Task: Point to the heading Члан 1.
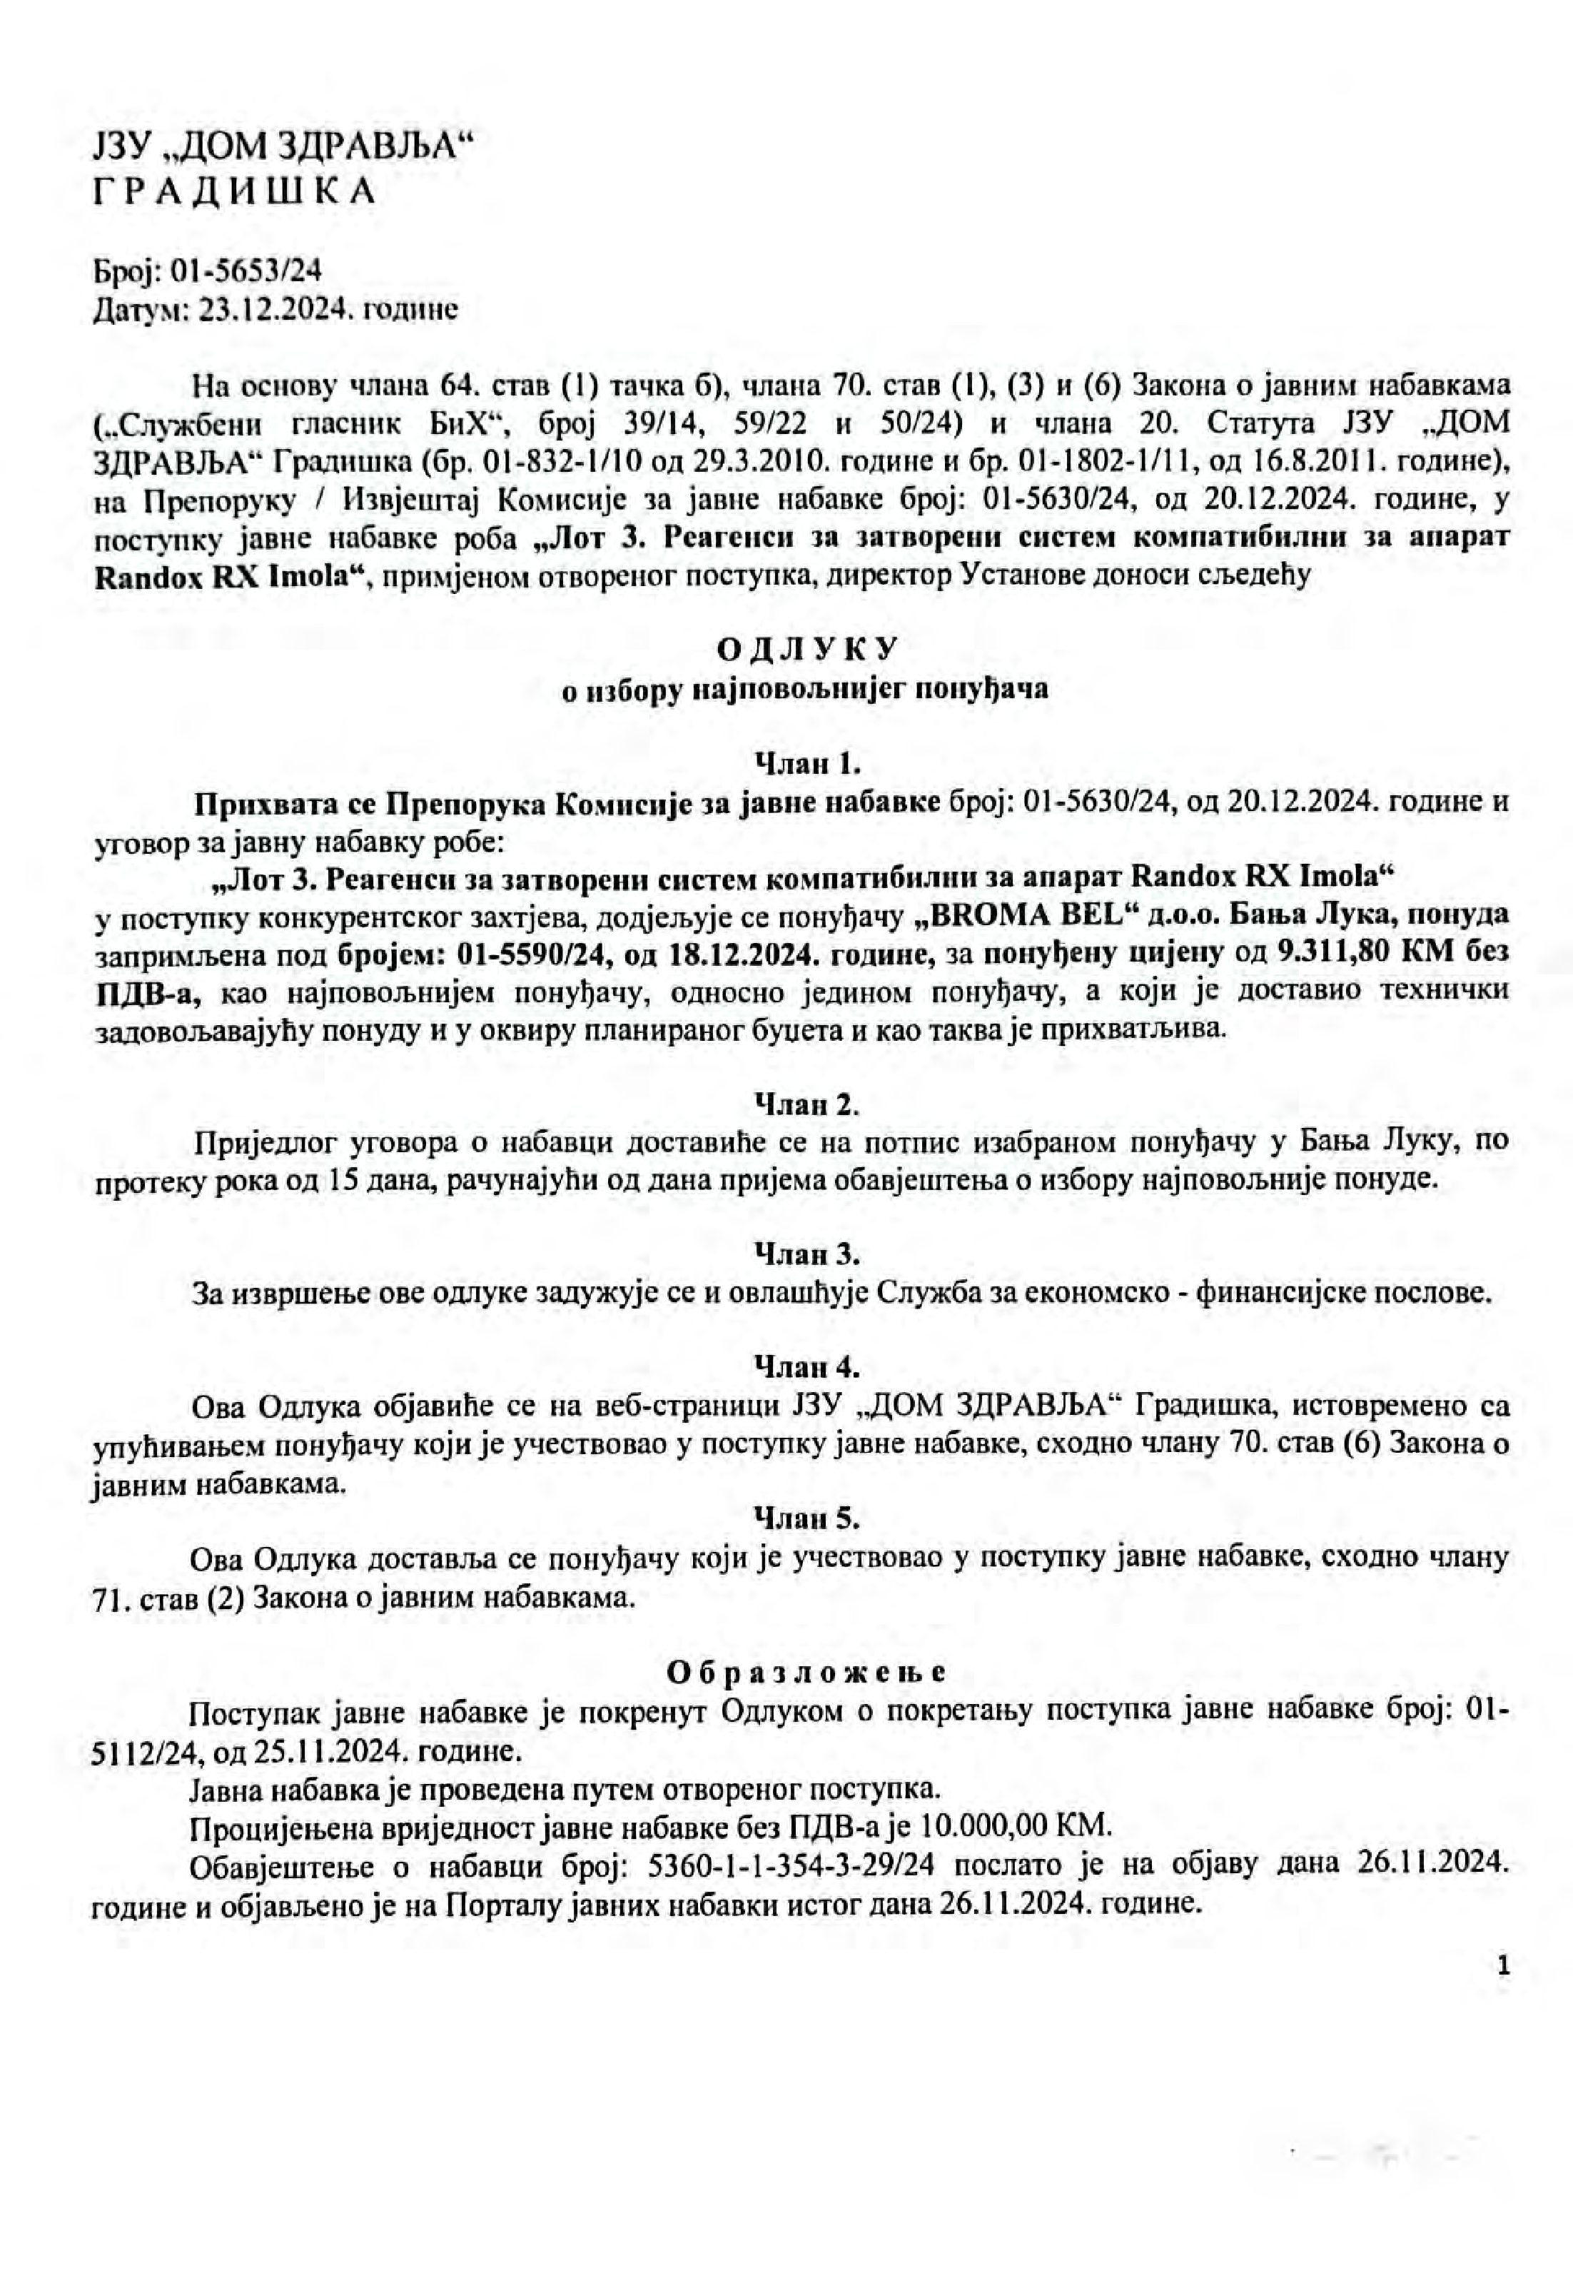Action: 808,762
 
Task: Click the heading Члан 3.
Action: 808,1255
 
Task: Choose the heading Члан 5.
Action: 808,1519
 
